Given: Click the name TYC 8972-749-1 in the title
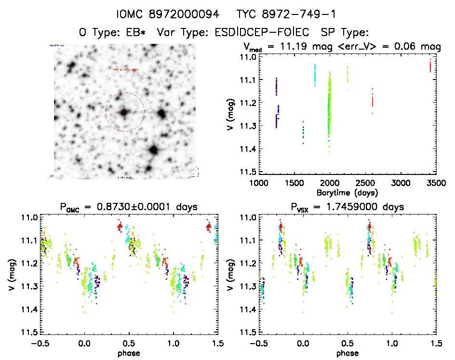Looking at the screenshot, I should coord(286,14).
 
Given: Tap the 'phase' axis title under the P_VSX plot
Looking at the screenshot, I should coord(348,353).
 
